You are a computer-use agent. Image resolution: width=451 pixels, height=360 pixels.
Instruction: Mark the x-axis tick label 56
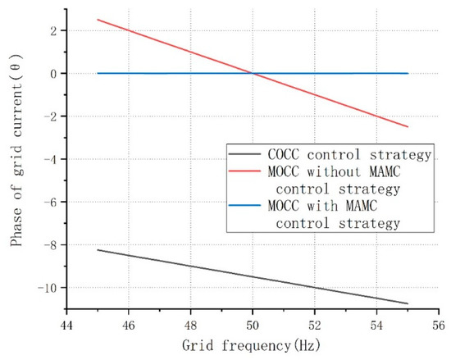click(438, 324)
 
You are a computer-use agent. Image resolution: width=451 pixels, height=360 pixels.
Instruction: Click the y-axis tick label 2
click(52, 31)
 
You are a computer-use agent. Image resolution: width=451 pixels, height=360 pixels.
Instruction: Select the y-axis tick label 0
click(52, 74)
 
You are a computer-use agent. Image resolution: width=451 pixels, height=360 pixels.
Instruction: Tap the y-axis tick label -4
click(49, 159)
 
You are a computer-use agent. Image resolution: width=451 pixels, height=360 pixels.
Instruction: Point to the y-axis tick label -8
click(49, 245)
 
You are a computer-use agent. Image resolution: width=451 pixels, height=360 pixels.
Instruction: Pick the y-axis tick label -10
click(46, 288)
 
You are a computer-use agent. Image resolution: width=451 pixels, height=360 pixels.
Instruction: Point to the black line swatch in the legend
click(245, 154)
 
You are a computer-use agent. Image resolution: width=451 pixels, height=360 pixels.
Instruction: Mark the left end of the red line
click(98, 20)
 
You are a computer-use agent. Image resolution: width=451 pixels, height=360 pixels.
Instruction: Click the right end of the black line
click(408, 303)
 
